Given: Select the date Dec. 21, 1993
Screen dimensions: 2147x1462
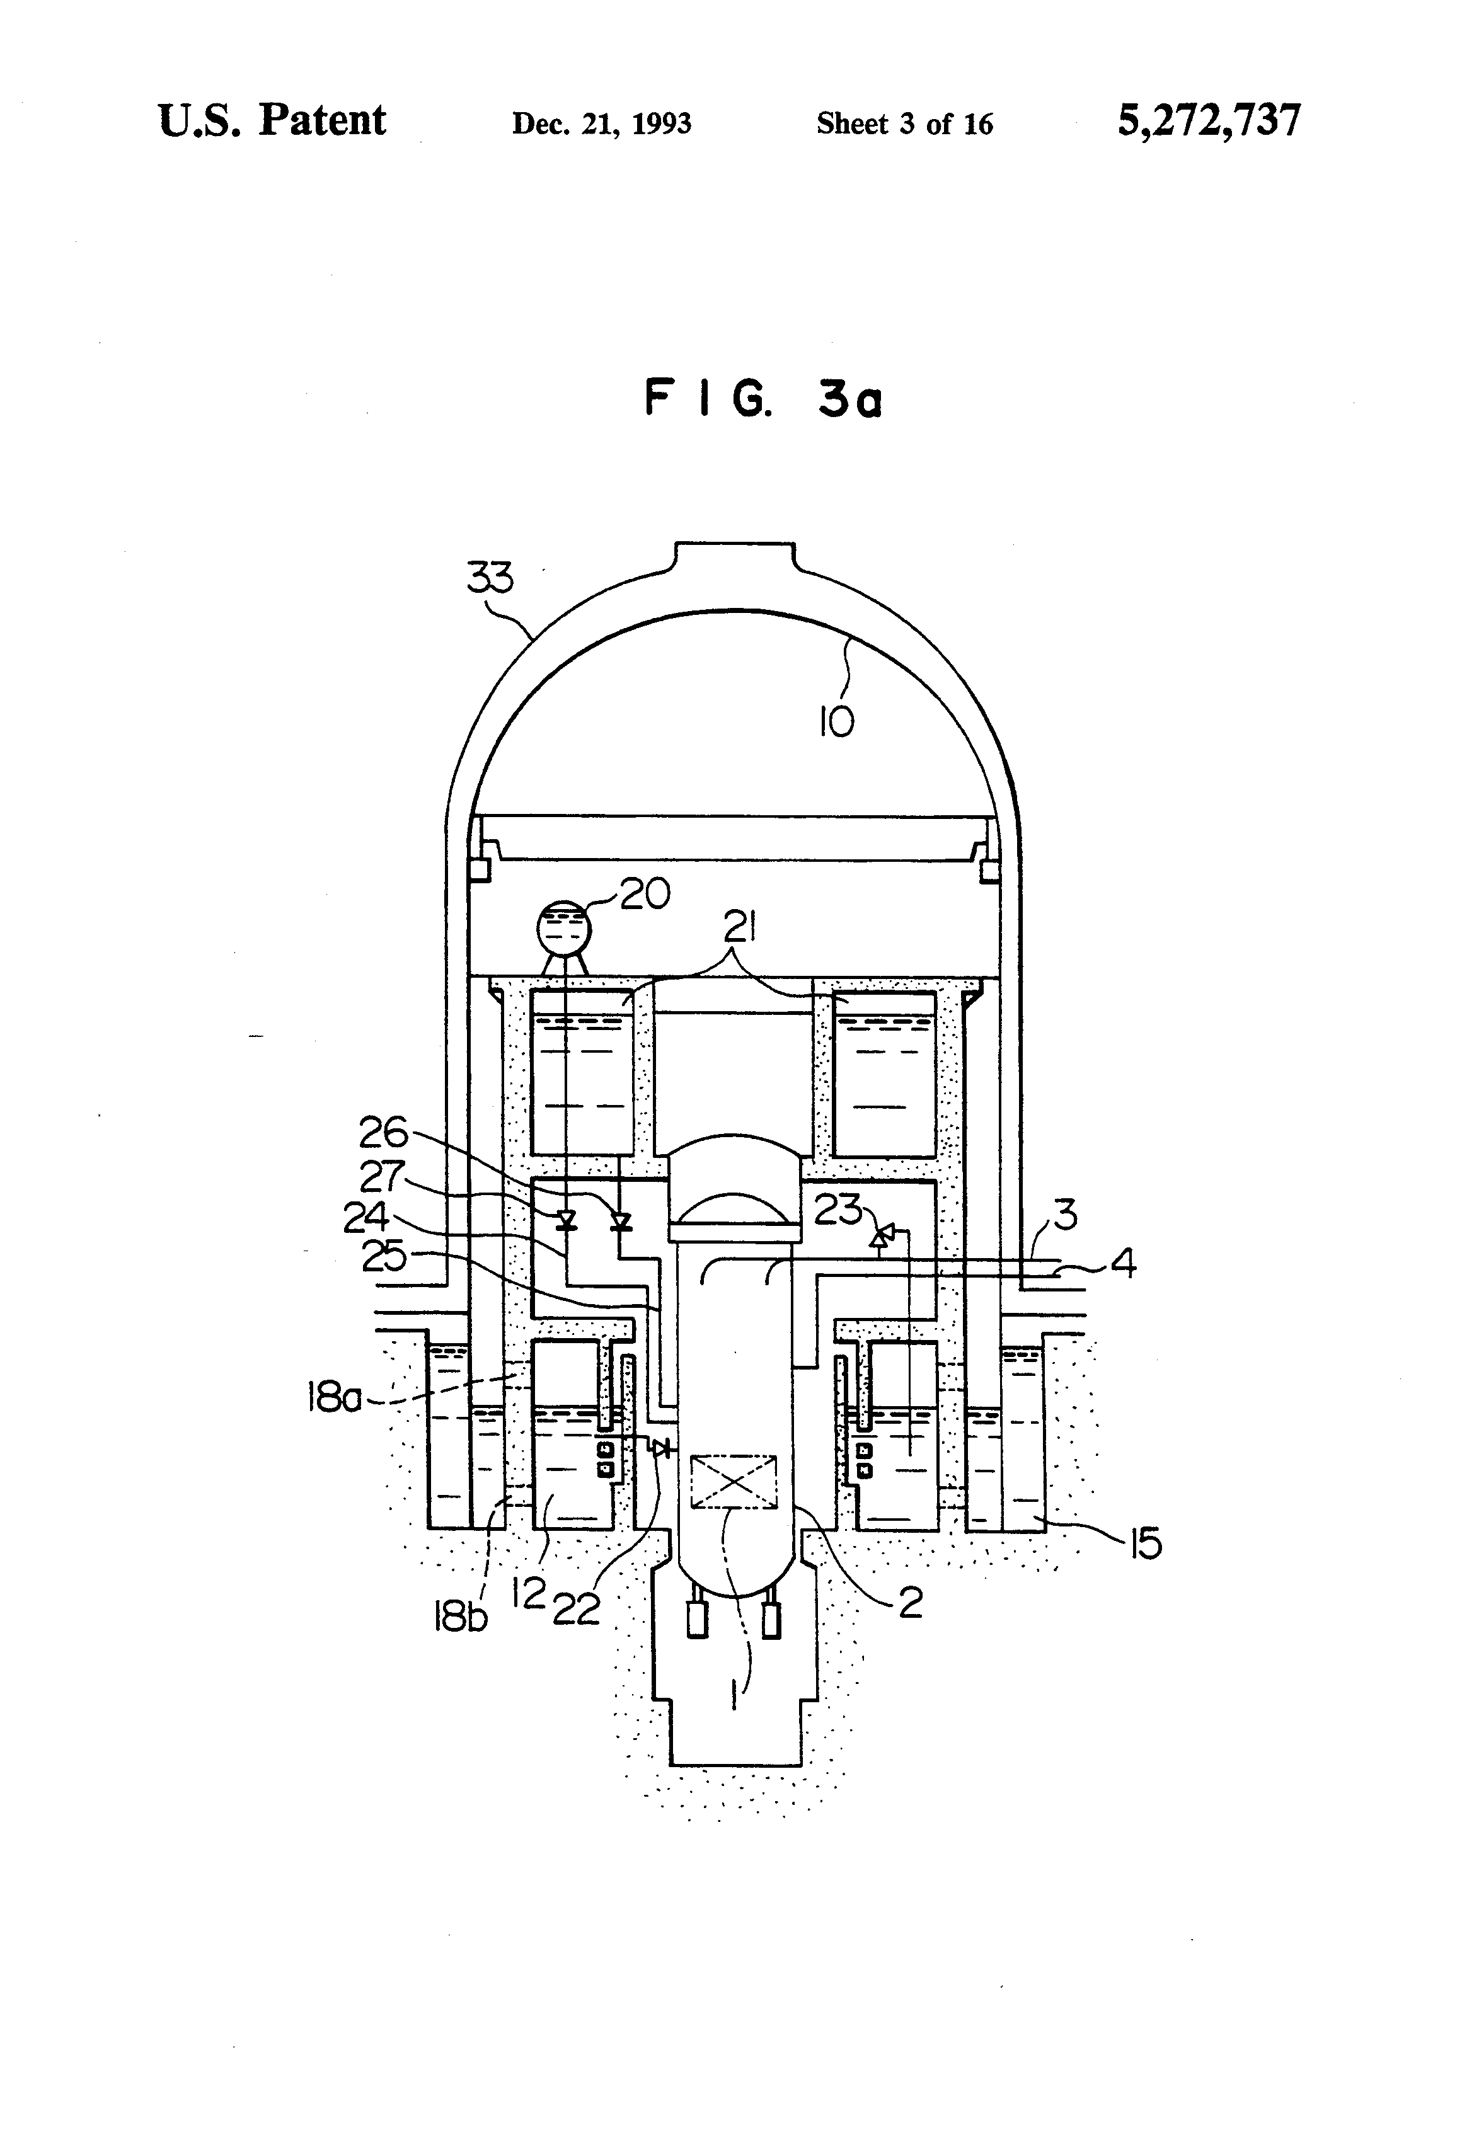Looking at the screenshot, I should pyautogui.click(x=602, y=124).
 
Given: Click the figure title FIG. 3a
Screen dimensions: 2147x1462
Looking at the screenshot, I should pyautogui.click(x=763, y=399).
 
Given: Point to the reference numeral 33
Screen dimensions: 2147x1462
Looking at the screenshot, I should pyautogui.click(x=489, y=578).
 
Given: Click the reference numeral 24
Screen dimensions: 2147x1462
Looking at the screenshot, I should pyautogui.click(x=366, y=1217).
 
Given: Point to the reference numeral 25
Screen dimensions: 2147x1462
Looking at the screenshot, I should pyautogui.click(x=384, y=1256).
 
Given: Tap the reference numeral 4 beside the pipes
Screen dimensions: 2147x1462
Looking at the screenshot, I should pyautogui.click(x=1123, y=1262).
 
